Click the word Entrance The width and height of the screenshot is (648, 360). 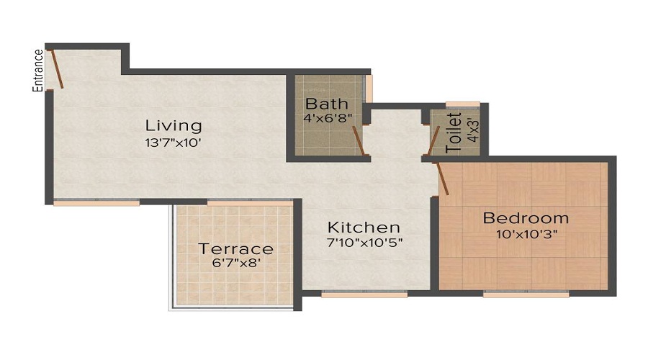pos(38,70)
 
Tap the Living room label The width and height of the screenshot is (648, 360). pos(173,125)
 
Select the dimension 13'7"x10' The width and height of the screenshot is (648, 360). pos(172,143)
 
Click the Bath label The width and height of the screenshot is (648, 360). pos(327,103)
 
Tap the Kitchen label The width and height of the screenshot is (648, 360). pos(364,227)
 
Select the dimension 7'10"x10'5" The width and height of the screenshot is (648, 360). pos(364,243)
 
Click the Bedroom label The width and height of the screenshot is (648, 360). pos(526,218)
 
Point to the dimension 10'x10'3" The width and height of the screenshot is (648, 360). pos(526,234)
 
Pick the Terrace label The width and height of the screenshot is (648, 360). pos(235,249)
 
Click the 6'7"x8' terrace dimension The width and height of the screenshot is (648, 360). pos(235,264)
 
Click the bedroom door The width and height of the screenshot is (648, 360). pos(443,178)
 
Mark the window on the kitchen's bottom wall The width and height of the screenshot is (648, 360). pos(364,294)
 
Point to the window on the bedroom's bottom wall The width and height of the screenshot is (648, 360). pos(526,294)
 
